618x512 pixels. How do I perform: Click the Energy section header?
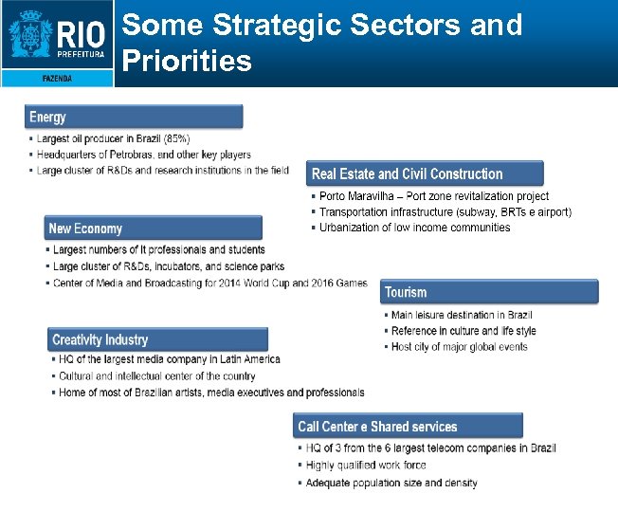tap(134, 117)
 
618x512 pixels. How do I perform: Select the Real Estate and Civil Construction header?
tap(426, 174)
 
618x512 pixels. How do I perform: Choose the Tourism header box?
tap(489, 292)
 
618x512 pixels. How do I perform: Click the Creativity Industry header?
tap(157, 339)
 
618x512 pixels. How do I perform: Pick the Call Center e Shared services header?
tap(408, 426)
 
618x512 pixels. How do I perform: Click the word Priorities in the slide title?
tap(188, 62)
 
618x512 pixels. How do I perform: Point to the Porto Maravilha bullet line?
tap(433, 196)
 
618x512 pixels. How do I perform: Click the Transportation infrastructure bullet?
tap(445, 211)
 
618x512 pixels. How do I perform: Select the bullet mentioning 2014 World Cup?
tap(209, 283)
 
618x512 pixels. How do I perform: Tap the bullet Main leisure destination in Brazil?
tap(461, 315)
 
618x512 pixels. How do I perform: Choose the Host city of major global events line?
tap(459, 347)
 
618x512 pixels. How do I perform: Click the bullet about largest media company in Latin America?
tap(169, 359)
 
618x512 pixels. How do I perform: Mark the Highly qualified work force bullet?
tap(365, 466)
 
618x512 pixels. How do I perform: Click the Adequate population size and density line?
tap(391, 483)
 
